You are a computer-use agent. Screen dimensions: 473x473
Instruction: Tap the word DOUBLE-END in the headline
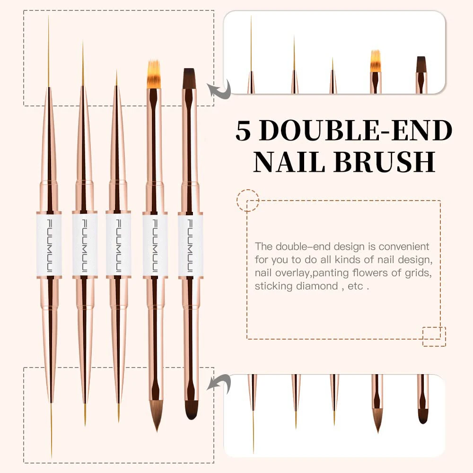[x=356, y=131]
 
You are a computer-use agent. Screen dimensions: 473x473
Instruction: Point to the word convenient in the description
[x=404, y=246]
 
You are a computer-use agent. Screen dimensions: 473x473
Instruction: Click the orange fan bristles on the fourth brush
[x=154, y=74]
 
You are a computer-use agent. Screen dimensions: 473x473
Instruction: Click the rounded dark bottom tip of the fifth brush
[x=192, y=410]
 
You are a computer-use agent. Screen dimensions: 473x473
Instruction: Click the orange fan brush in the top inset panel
[x=376, y=61]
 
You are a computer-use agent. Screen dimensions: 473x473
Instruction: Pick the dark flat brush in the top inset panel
[x=421, y=64]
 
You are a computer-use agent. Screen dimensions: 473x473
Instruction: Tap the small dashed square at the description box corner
[x=434, y=336]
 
